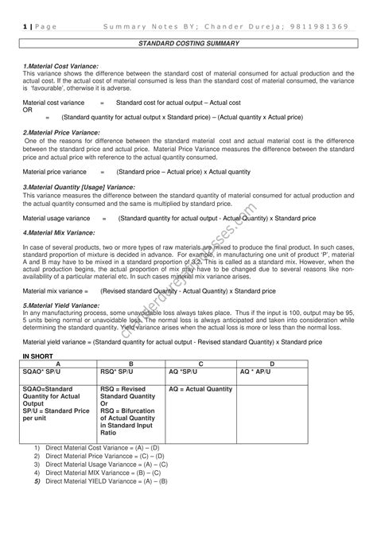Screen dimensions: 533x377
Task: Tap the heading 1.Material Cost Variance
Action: (x=60, y=65)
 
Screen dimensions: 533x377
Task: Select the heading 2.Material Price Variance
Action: (x=62, y=132)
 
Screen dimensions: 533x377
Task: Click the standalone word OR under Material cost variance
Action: (x=28, y=110)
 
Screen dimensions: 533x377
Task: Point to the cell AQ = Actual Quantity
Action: (x=201, y=389)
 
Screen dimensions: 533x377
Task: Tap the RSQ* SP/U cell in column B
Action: (x=117, y=372)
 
